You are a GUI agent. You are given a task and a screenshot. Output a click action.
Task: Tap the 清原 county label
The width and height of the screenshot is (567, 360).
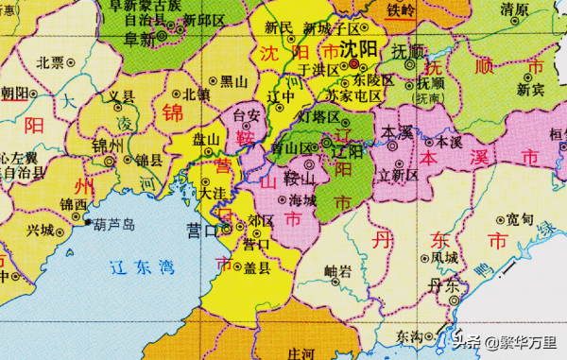(515, 9)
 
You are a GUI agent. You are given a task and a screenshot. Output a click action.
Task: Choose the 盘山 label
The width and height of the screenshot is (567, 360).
(205, 139)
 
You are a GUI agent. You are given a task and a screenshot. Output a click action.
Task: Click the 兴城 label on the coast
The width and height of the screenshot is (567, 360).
(42, 230)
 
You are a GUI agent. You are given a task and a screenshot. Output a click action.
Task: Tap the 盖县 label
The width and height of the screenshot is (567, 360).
(256, 267)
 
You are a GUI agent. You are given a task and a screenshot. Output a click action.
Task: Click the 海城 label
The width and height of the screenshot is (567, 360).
(302, 201)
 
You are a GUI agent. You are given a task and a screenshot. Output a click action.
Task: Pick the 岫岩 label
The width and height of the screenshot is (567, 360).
(337, 270)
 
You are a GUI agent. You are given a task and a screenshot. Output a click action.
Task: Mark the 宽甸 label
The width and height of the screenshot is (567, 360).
(520, 218)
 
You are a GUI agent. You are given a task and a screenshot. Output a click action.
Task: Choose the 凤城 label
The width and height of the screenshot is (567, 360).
(444, 256)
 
